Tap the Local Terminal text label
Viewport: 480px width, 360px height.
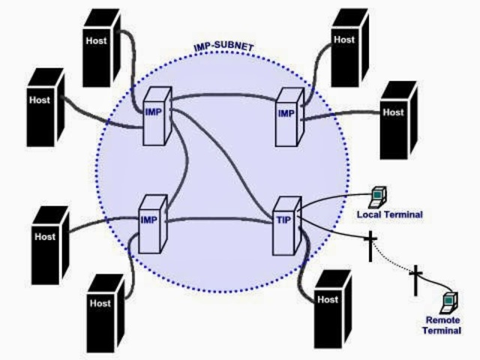point(390,215)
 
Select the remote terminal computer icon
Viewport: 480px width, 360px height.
point(449,300)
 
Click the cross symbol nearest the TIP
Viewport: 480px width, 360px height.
point(370,246)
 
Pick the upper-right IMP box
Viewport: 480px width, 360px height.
point(286,117)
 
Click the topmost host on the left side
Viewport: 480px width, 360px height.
point(101,46)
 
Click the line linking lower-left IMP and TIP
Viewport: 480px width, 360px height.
point(217,220)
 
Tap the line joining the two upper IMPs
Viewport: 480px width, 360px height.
point(225,95)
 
